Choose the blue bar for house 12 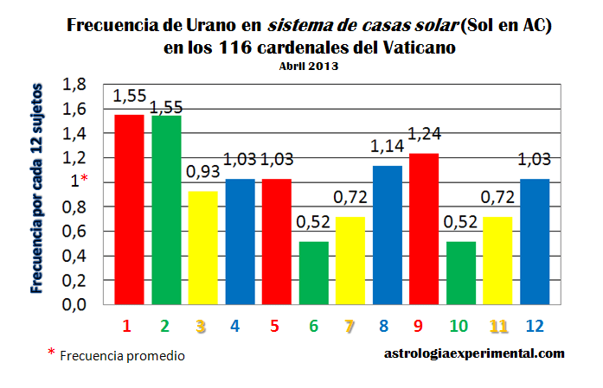pyautogui.click(x=536, y=242)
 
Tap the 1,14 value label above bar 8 pyautogui.click(x=387, y=146)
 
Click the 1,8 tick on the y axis pyautogui.click(x=74, y=85)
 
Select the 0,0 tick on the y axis pyautogui.click(x=74, y=305)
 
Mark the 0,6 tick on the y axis pyautogui.click(x=74, y=232)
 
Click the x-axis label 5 pyautogui.click(x=275, y=326)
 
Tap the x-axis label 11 pyautogui.click(x=498, y=326)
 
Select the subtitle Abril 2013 pyautogui.click(x=309, y=66)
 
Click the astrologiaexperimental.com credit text pyautogui.click(x=473, y=353)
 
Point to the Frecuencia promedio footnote pyautogui.click(x=122, y=355)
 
